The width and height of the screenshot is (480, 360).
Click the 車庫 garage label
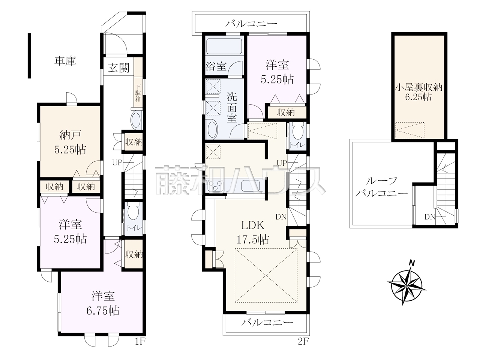click(65, 61)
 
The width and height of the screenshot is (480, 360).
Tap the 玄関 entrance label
click(119, 68)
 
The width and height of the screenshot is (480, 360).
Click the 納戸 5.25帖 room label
click(70, 142)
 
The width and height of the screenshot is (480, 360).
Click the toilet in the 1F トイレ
click(133, 212)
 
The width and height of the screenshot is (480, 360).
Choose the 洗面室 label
click(232, 107)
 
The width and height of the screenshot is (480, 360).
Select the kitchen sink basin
click(250, 186)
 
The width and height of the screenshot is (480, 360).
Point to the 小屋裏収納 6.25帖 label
click(418, 92)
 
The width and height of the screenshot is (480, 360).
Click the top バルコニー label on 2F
click(251, 23)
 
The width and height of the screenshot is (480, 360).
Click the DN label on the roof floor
click(430, 217)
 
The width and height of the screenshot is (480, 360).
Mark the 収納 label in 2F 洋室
click(286, 112)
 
